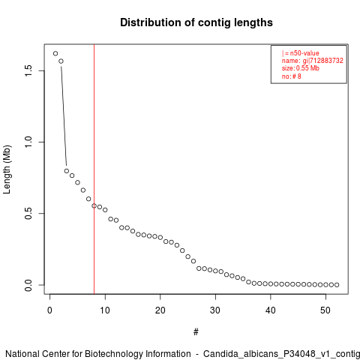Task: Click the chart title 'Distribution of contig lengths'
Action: [196, 22]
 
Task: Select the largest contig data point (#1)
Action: [55, 53]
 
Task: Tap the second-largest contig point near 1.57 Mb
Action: [61, 61]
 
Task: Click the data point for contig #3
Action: [67, 171]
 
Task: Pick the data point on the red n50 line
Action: [94, 205]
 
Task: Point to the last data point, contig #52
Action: [337, 285]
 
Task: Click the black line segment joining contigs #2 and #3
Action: [64, 116]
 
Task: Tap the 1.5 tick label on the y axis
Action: [28, 70]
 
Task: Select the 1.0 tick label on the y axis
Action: [28, 142]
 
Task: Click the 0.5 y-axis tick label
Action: [28, 213]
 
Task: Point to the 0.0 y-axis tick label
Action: [28, 285]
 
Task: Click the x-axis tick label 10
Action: [105, 310]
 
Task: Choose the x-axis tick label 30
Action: [215, 310]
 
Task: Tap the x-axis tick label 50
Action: [325, 310]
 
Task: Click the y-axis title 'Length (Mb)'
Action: [7, 169]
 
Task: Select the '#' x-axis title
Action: [196, 332]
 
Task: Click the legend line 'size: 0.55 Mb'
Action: [301, 68]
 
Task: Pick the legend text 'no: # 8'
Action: [292, 76]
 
